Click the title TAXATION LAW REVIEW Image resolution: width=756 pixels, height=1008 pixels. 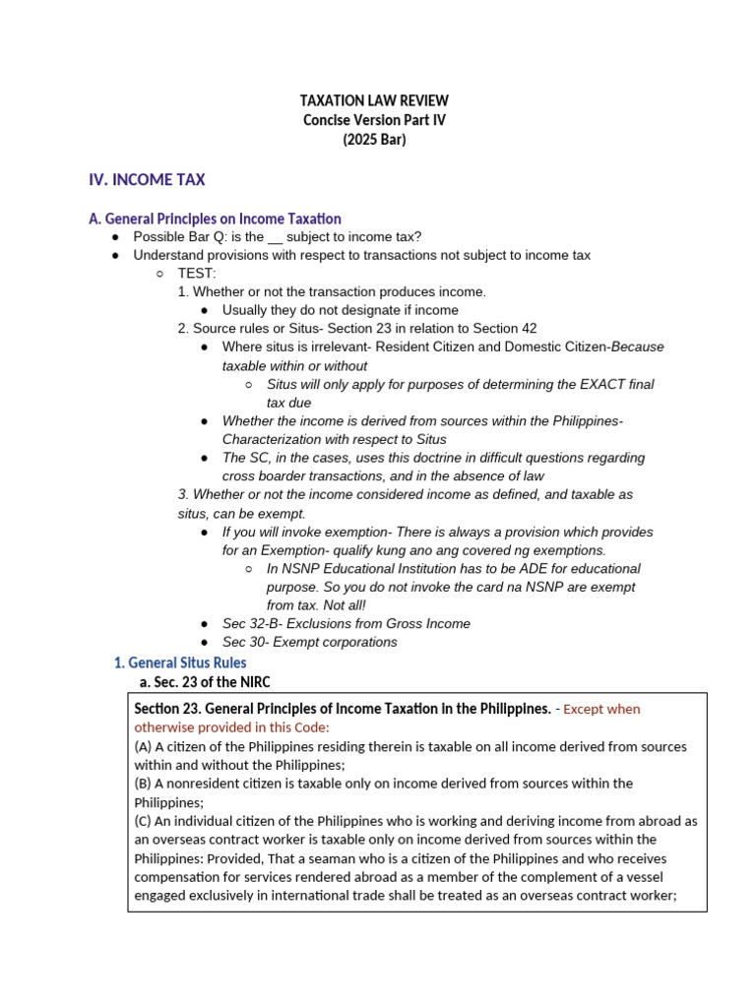373,101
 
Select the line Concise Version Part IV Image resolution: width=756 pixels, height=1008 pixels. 373,120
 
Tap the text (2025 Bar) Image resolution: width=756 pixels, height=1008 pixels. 373,139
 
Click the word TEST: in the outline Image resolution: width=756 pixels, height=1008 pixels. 197,274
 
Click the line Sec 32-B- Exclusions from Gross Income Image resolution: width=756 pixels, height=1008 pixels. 346,623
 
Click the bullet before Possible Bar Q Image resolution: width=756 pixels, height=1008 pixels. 116,237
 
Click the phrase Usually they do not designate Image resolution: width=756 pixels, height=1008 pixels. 311,310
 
